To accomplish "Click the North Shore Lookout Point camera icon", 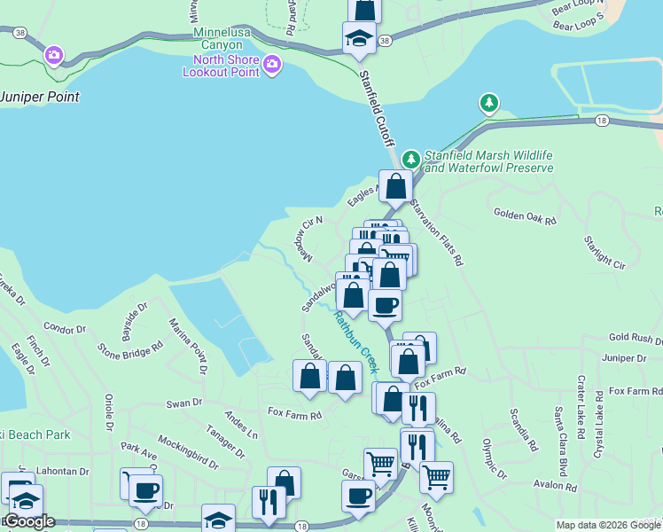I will (271, 63).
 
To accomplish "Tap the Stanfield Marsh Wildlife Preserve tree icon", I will (410, 160).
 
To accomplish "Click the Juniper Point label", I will (41, 97).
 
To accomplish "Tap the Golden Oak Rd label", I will (525, 214).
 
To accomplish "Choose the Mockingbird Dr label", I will (188, 451).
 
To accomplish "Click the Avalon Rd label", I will (555, 485).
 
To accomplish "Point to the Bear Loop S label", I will (578, 20).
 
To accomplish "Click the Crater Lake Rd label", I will (582, 407).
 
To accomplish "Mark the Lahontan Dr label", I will (64, 473).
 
